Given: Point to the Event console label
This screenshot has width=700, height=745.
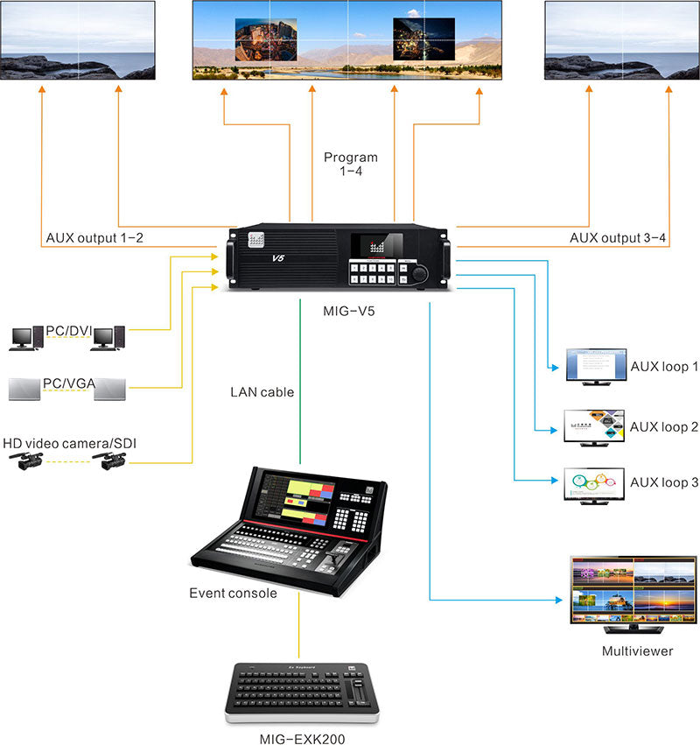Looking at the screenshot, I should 233,593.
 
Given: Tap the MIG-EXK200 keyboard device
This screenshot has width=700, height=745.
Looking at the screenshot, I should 297,690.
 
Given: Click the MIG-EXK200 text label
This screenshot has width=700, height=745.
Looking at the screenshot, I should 297,738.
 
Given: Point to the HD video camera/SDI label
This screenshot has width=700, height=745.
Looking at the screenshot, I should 69,444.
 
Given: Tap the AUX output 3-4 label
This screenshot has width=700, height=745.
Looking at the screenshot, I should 613,237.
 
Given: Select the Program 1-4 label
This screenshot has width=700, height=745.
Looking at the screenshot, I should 351,165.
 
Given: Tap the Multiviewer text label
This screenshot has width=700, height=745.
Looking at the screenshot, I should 637,651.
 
